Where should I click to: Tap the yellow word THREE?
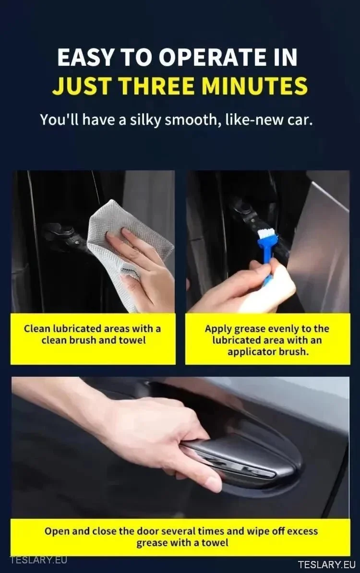(157, 86)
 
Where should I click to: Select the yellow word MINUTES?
(254, 86)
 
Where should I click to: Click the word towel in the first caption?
(132, 340)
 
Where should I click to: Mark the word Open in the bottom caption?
(57, 531)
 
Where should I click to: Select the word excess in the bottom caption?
(302, 531)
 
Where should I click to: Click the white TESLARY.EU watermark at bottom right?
(327, 564)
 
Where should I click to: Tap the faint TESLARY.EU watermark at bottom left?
(39, 560)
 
